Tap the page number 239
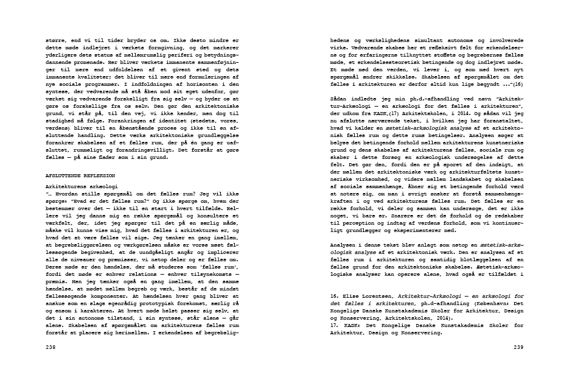[518, 347]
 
